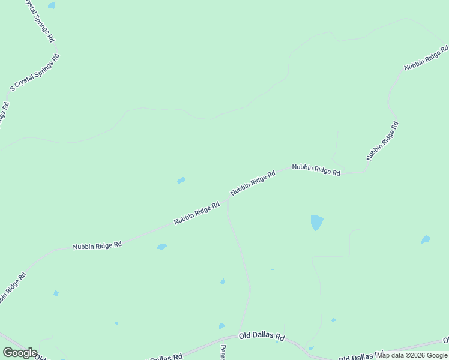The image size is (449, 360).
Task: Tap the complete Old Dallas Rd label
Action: coord(261,337)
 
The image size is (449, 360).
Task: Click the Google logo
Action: coord(20,353)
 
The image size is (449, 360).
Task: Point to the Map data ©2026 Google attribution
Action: coord(412,355)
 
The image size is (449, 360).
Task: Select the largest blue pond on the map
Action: coord(316,222)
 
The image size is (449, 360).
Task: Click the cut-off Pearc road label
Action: coord(223,352)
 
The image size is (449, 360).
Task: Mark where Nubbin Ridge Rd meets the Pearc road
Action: coord(227,200)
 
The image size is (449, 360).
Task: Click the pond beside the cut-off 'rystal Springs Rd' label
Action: coord(52,5)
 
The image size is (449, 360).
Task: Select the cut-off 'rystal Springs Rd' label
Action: coord(40,20)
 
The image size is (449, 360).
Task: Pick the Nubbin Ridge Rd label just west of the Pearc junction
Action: coord(197,213)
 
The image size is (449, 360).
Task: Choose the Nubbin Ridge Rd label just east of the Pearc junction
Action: coord(253,182)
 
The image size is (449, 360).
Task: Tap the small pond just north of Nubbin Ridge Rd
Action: coord(181,181)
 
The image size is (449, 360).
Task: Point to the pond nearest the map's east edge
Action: coord(426,240)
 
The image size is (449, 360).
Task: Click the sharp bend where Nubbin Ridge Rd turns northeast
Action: coord(364,170)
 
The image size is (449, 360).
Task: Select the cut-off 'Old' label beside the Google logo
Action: coord(40,356)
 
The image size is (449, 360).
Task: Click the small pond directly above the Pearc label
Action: coord(222,326)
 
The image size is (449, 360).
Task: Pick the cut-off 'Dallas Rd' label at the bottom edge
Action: coord(165,358)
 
